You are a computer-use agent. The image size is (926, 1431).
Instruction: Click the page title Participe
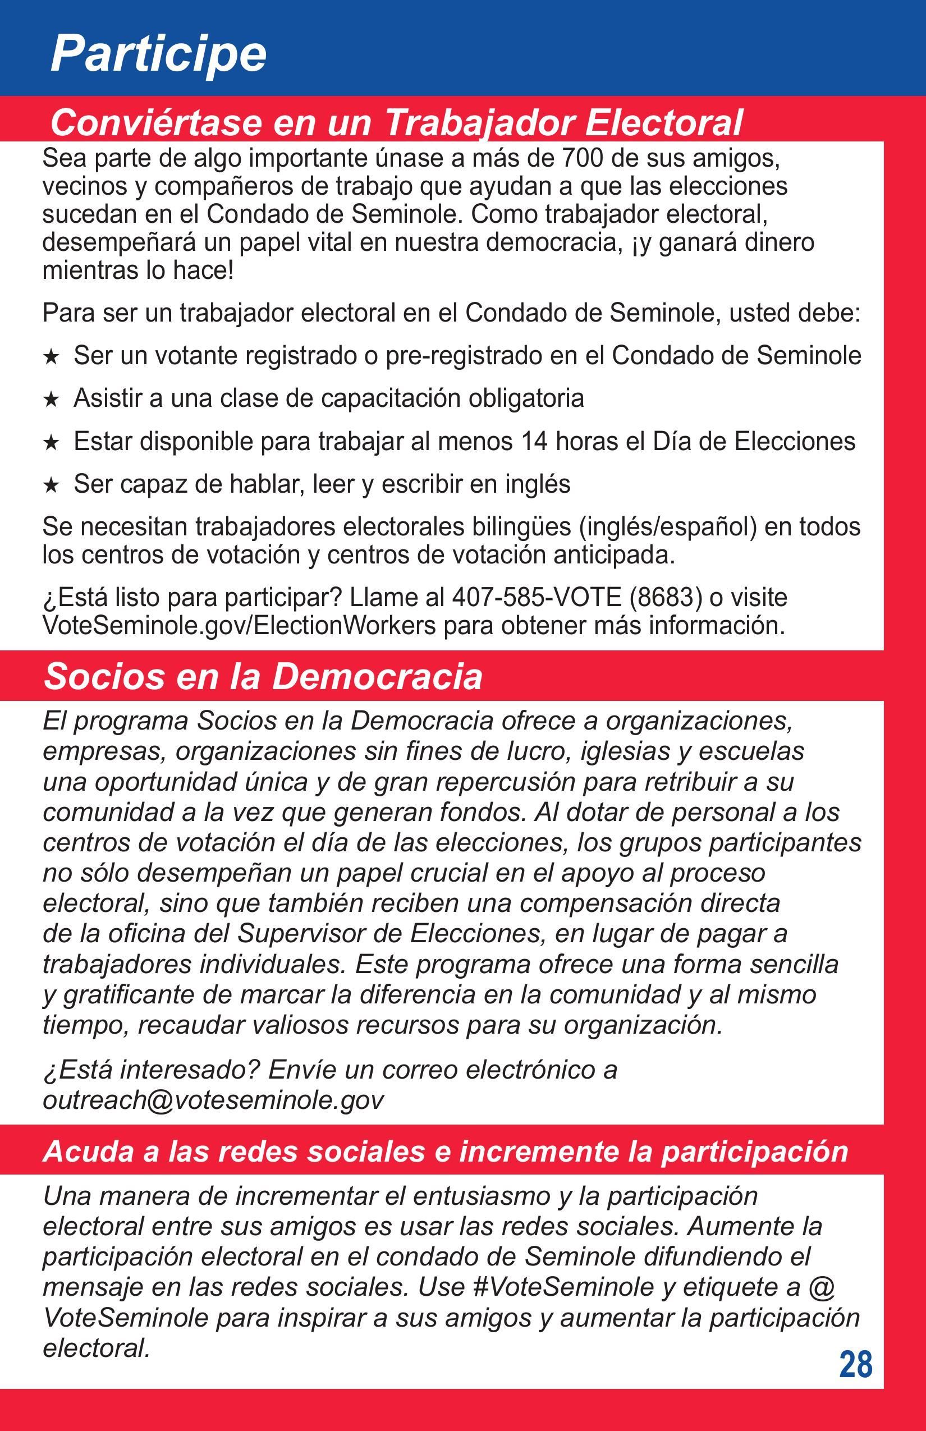point(158,54)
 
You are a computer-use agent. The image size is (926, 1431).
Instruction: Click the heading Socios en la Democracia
point(263,676)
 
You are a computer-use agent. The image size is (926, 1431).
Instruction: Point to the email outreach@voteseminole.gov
point(213,1100)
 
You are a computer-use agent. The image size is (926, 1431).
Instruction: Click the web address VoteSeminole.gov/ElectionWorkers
point(239,625)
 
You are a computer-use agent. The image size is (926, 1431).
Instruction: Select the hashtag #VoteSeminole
point(563,1287)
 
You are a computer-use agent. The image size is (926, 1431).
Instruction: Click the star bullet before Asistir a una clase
point(52,399)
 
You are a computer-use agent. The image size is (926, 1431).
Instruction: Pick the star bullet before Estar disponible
point(52,443)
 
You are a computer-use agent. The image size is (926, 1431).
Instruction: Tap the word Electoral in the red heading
point(664,123)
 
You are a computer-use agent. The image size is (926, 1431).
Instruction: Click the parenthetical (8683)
point(666,597)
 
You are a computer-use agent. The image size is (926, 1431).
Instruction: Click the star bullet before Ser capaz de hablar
point(52,485)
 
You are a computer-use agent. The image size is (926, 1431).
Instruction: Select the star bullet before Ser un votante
point(52,357)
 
